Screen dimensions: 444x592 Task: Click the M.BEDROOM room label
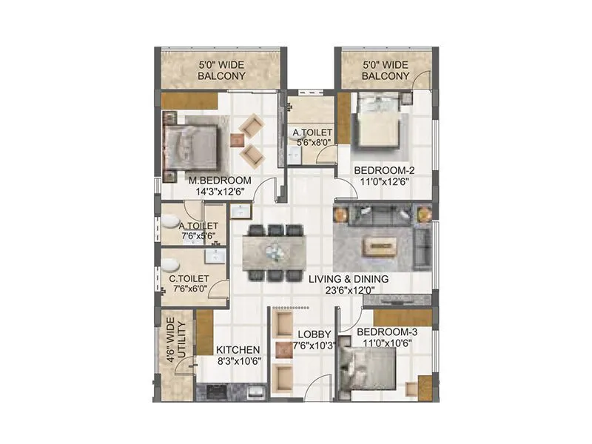[220, 180]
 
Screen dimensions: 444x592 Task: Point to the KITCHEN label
[237, 350]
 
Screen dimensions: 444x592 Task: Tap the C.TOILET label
[188, 279]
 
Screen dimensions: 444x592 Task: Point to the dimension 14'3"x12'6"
[220, 191]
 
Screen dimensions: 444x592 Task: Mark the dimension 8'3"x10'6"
[237, 361]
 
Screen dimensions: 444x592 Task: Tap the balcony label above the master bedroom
[221, 70]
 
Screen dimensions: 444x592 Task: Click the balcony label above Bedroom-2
[386, 70]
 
